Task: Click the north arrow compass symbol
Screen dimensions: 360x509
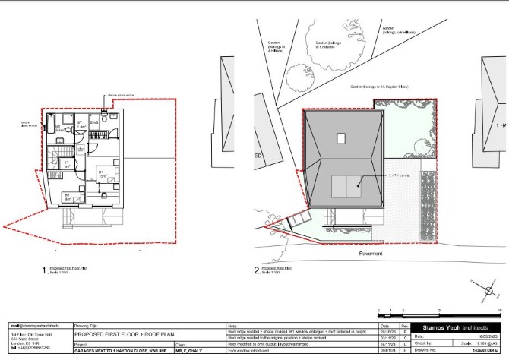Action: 488,291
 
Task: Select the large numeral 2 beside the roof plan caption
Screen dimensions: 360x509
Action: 258,269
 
